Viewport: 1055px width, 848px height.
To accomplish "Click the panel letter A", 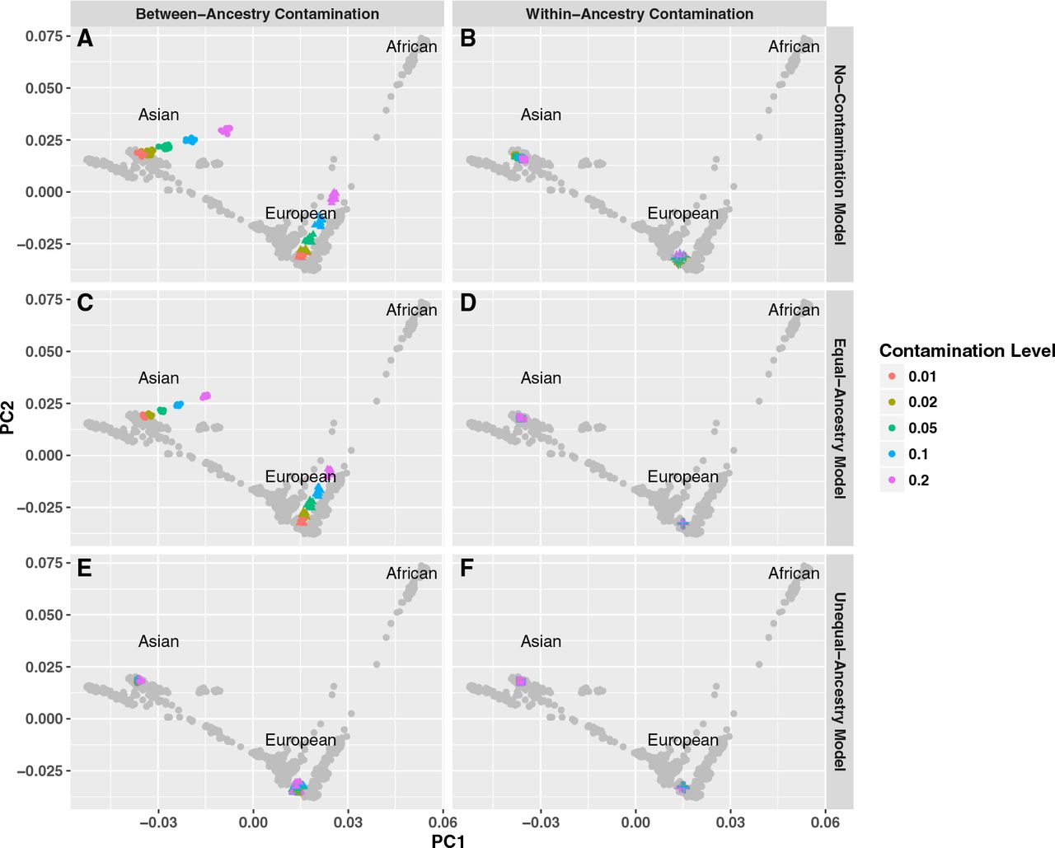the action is coord(85,38).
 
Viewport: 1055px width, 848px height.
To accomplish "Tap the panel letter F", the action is coord(467,568).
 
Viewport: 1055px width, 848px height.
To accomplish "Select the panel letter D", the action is coord(467,302).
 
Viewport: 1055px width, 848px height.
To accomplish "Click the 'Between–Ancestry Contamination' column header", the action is coord(257,14).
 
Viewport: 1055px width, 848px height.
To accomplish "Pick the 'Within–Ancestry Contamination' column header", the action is coord(640,14).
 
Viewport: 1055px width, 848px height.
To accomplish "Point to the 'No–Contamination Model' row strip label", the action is coord(840,154).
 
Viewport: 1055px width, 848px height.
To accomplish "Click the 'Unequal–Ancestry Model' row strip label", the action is coord(840,682).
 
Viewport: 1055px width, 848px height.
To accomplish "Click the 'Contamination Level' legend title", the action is coord(967,350).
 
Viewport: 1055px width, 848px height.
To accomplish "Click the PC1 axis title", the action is coord(448,840).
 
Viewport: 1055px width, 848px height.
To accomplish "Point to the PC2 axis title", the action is coord(7,418).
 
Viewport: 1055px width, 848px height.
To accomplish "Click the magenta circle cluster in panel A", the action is coord(226,130).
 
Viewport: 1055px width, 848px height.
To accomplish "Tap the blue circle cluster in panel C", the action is coord(179,405).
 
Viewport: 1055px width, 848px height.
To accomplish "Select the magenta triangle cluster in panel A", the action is coord(333,196).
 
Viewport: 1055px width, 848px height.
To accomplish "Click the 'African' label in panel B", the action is coord(794,47).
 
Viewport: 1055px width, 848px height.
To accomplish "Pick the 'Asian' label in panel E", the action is coord(158,641).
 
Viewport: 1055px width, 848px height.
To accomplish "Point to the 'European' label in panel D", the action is coord(683,476).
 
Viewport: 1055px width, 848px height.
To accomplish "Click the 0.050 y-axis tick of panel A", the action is coord(45,88).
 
